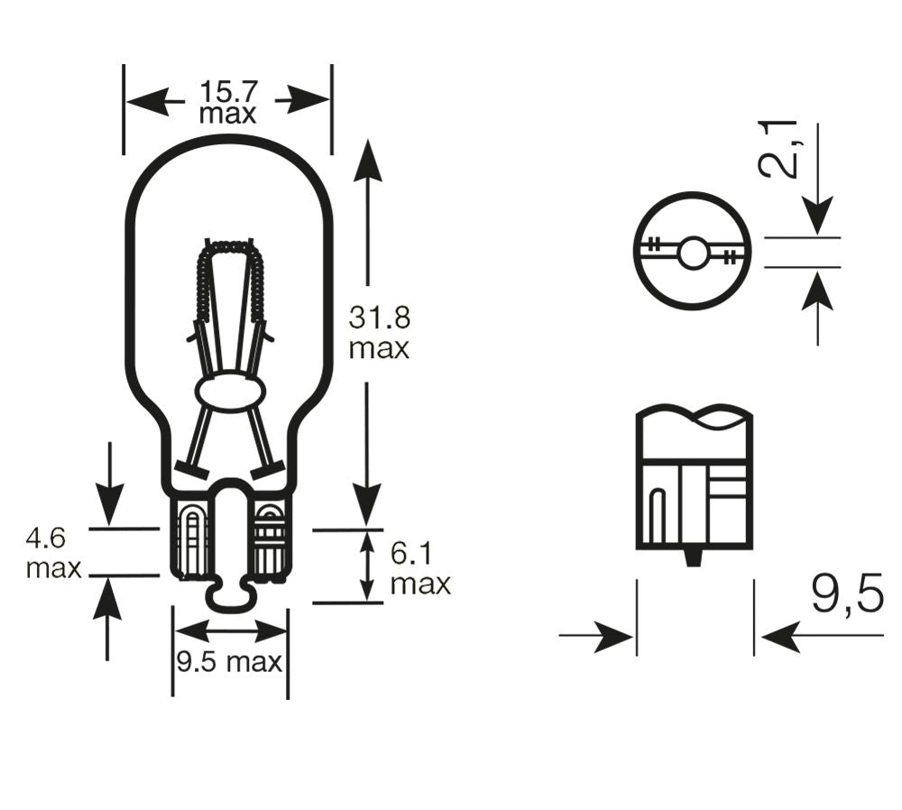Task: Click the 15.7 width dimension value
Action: point(228,91)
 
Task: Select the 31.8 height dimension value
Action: point(380,318)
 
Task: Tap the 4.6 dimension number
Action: point(46,539)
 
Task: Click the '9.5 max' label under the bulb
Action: point(229,663)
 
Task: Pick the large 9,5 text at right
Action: point(846,594)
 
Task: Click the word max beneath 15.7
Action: point(227,115)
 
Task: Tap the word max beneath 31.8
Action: point(380,348)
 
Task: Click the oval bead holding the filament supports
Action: point(230,393)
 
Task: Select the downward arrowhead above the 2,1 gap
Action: point(817,217)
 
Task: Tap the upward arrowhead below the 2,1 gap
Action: point(817,291)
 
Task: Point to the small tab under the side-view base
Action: point(693,557)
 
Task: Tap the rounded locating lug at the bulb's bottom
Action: point(230,596)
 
